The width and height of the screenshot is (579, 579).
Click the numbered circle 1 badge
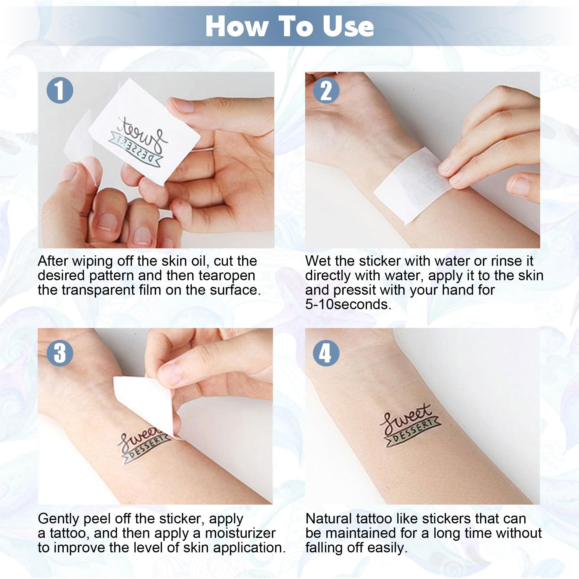click(x=60, y=90)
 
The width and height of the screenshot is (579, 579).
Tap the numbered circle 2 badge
click(x=326, y=90)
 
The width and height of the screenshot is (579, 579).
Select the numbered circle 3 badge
click(x=60, y=352)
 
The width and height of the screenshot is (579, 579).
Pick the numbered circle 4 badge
click(x=326, y=352)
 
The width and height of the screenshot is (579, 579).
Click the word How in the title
click(x=237, y=26)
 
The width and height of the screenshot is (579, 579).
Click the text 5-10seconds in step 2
click(x=348, y=305)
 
